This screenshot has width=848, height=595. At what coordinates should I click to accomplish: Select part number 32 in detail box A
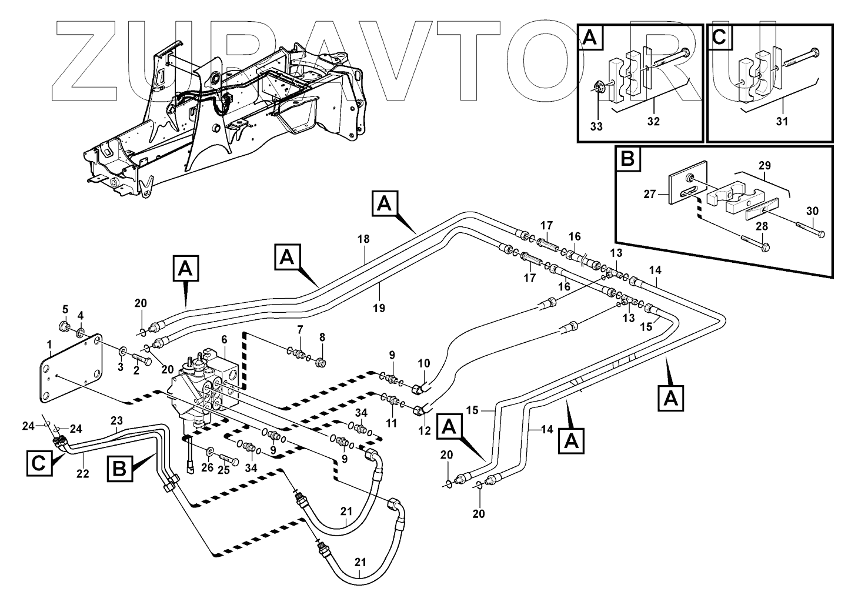click(x=653, y=121)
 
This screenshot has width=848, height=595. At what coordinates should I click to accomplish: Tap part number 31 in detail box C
click(x=782, y=121)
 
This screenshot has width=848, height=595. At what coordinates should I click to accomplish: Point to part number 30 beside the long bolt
click(x=812, y=211)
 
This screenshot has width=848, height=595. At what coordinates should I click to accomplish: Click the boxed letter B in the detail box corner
click(x=628, y=160)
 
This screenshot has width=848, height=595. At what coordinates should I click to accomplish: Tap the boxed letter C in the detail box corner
click(x=719, y=38)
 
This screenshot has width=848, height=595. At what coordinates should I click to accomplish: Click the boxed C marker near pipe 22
click(x=38, y=463)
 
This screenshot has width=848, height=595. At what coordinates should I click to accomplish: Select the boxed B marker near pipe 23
click(x=119, y=469)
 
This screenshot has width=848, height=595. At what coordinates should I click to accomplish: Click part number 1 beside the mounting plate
click(x=49, y=343)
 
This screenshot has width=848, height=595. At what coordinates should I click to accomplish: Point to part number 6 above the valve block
click(x=223, y=340)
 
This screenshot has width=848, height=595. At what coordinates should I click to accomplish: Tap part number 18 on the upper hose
click(x=364, y=239)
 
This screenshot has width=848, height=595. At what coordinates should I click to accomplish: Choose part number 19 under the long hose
click(x=380, y=307)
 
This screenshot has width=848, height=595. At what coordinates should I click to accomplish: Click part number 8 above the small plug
click(x=322, y=337)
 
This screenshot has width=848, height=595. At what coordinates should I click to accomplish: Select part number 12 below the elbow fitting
click(x=425, y=431)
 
